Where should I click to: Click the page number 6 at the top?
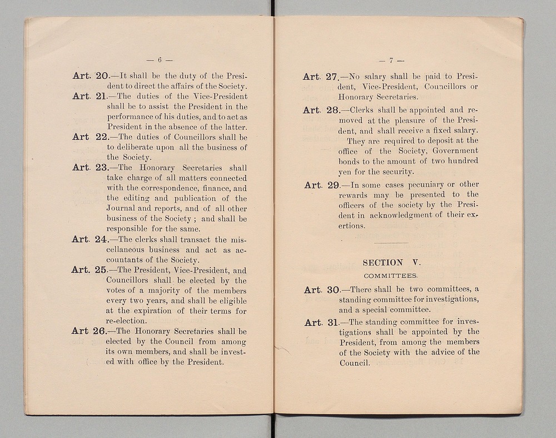[159, 59]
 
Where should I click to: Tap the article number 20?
[103, 76]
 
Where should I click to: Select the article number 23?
[103, 168]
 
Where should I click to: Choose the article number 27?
[332, 77]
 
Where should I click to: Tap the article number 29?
[332, 185]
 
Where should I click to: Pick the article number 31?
[332, 323]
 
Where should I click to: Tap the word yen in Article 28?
[345, 172]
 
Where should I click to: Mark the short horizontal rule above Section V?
[391, 243]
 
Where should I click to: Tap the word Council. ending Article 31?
[355, 363]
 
